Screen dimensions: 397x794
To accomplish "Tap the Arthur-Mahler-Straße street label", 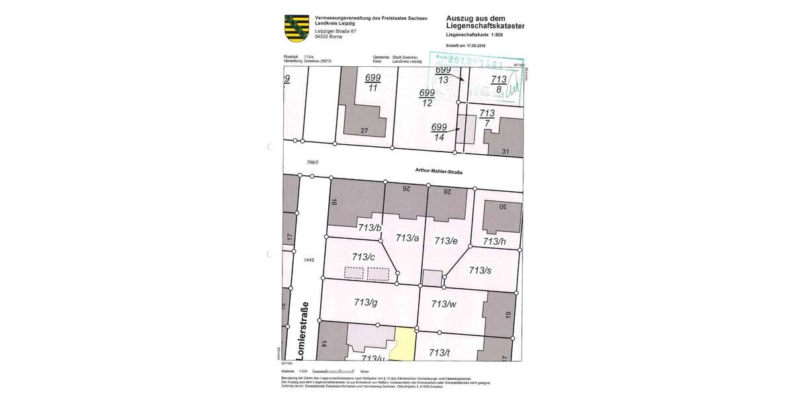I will (x=438, y=172).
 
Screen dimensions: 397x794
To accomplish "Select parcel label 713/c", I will (x=364, y=257).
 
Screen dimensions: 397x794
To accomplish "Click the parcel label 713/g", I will (x=366, y=302).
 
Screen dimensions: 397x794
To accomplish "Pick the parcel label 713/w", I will (x=443, y=304).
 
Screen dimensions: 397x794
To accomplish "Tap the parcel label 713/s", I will (x=479, y=270).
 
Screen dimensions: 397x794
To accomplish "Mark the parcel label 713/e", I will (x=446, y=241).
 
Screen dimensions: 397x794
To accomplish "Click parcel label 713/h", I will (x=494, y=242).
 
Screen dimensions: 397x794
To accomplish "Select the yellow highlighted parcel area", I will (x=402, y=344).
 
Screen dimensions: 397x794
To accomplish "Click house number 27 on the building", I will (x=364, y=131).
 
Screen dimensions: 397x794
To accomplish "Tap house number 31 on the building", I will (x=506, y=152).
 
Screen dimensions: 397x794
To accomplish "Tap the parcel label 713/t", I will (x=439, y=353).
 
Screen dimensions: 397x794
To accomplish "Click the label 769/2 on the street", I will (x=313, y=162).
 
